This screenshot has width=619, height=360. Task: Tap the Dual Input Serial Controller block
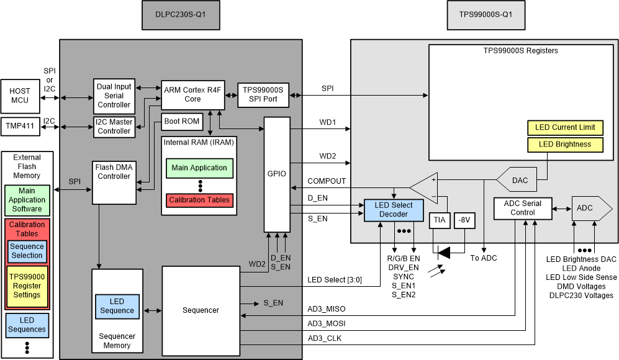tap(114, 96)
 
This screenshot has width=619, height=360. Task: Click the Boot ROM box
tap(183, 121)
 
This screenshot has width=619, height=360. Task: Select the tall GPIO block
tap(277, 174)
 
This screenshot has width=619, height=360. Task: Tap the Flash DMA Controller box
tap(114, 172)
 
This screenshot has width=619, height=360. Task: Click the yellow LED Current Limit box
tap(565, 128)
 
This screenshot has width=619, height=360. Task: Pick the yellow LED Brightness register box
tap(565, 145)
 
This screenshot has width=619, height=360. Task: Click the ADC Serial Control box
tap(522, 207)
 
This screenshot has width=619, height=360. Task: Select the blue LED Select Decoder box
tap(394, 209)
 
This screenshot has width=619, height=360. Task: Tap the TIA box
tap(439, 221)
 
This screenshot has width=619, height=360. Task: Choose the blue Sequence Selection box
tap(27, 251)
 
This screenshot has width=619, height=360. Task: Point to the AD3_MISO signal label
tap(327, 308)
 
